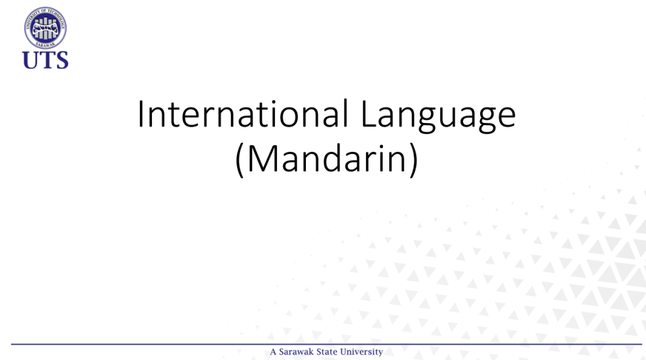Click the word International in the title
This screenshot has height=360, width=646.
pos(243,114)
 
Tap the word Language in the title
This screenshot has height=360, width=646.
pos(438,117)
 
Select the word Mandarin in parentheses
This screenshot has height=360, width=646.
pos(327,159)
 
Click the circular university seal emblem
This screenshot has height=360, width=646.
pos(45,28)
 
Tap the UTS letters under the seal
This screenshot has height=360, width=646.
pos(45,60)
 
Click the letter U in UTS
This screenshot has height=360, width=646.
pos(31,60)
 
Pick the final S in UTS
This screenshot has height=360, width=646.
pos(61,60)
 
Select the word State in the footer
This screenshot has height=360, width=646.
pos(326,352)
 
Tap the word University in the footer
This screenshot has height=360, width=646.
pos(360,352)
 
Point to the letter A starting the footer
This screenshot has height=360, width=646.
pos(273,352)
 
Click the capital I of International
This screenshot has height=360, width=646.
pos(140,114)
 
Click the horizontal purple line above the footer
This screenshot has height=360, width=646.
pos(326,344)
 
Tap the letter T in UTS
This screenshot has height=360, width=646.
pos(47,60)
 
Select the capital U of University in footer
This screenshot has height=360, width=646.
pos(341,352)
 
